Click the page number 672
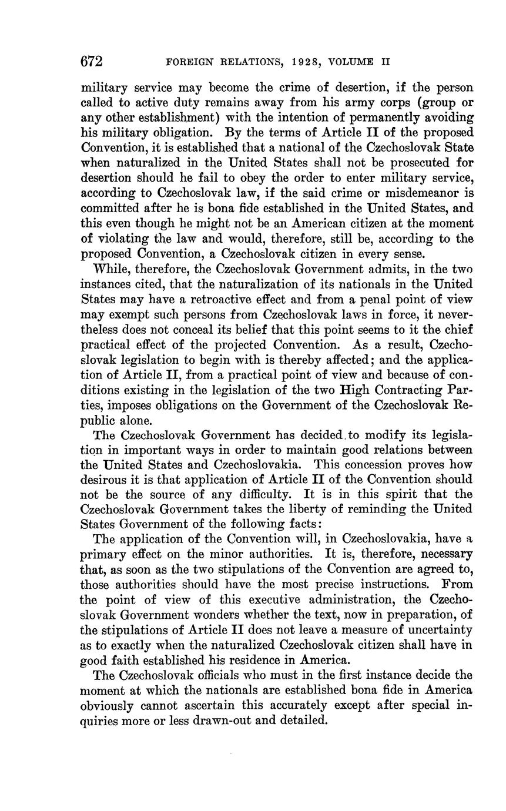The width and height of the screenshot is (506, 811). (x=91, y=62)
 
